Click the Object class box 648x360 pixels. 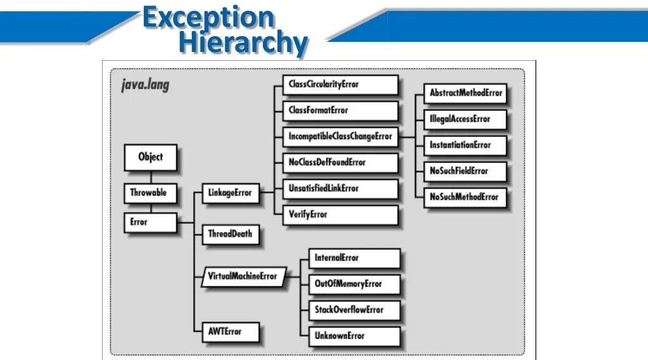pos(150,157)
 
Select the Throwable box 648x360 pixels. pos(148,193)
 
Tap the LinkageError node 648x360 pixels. pos(230,193)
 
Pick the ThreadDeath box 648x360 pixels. pos(230,234)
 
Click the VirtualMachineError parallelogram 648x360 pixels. pos(242,277)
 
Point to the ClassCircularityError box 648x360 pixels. pos(341,84)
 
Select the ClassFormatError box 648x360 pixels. pos(341,110)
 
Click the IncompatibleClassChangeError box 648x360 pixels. pos(341,136)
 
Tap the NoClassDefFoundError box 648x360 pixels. pos(341,162)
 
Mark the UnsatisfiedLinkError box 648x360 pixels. pos(341,188)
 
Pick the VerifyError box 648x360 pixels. pos(341,214)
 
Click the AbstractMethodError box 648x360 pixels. pos(466,93)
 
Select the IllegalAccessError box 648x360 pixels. pos(466,119)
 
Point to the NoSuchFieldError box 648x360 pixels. pos(466,170)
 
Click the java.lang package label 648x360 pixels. pos(146,84)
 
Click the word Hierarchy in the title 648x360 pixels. pos(243,43)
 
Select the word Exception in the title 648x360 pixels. pos(208,17)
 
